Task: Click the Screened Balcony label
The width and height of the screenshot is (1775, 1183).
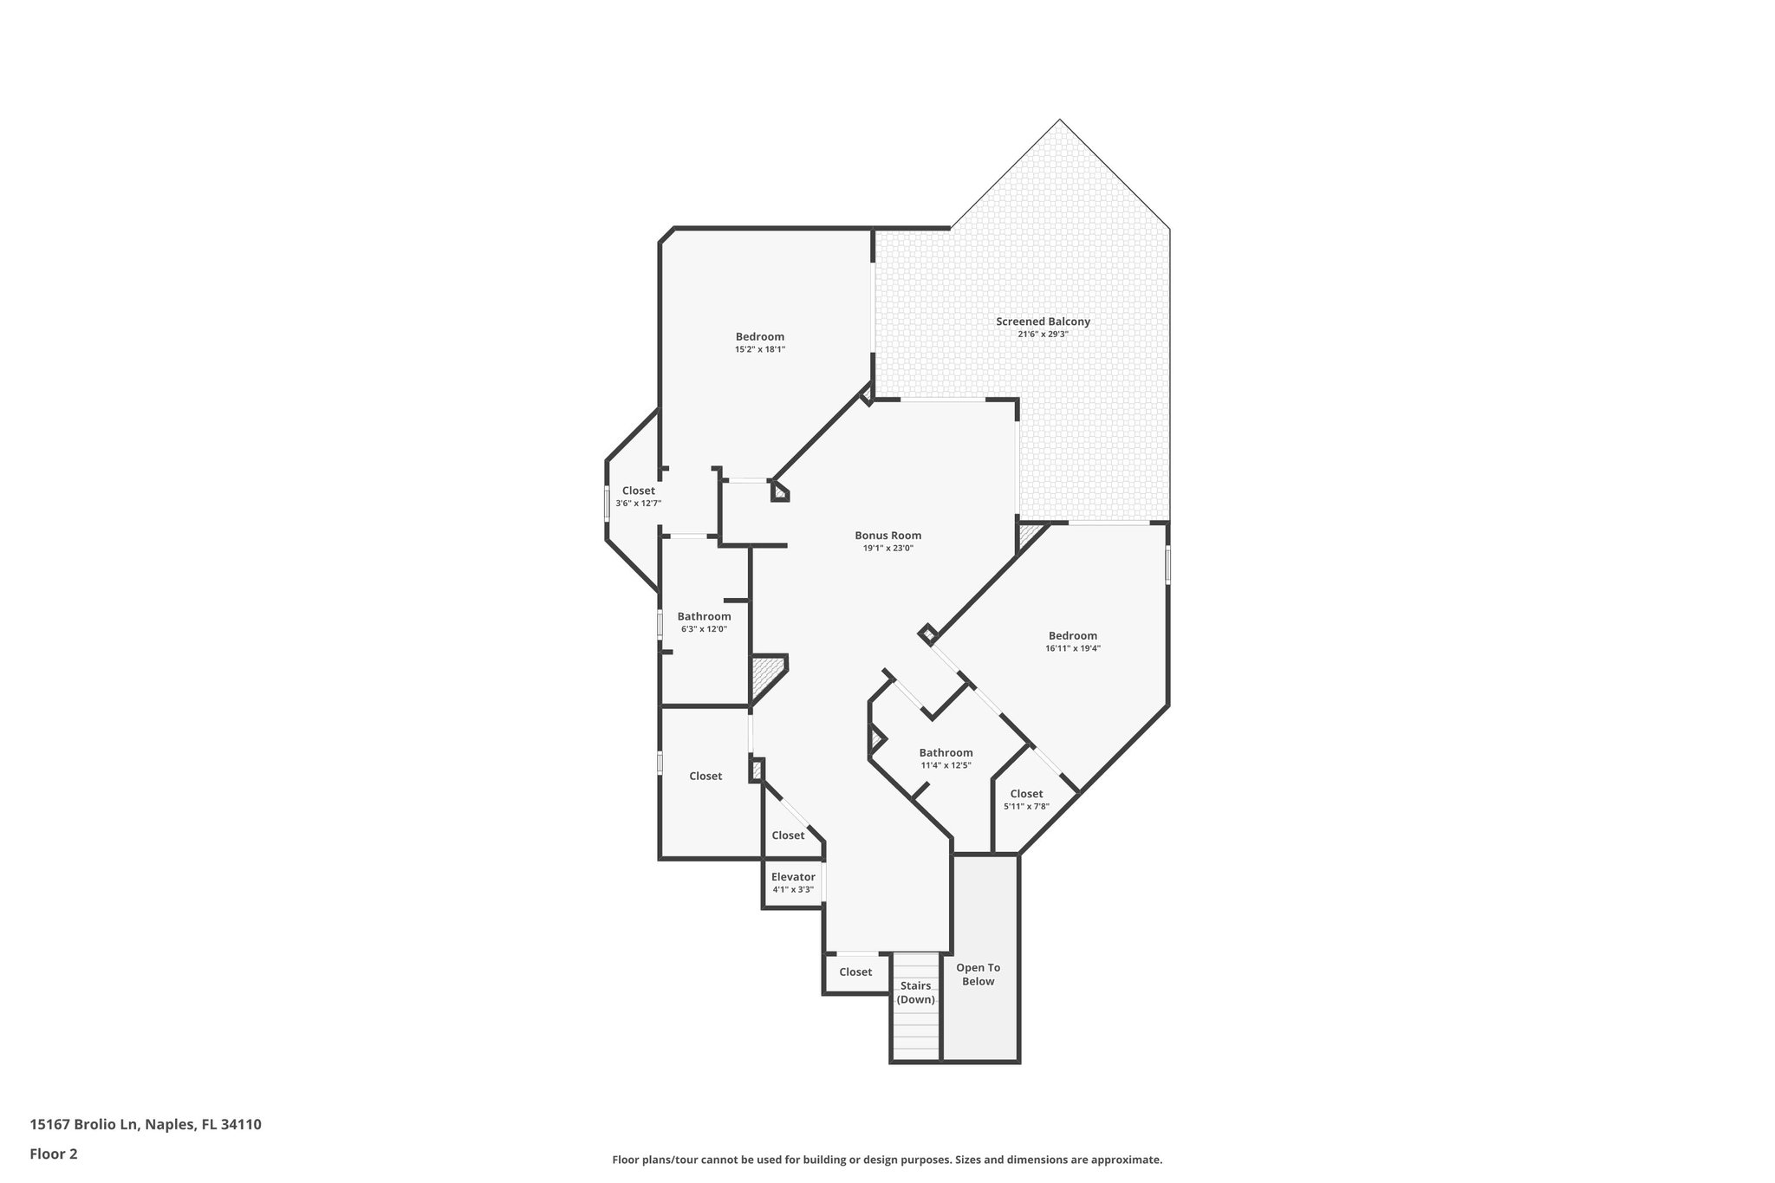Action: (x=1043, y=322)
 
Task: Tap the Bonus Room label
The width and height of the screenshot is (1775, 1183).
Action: (x=887, y=536)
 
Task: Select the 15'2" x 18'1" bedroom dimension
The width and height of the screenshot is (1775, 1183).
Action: (x=760, y=349)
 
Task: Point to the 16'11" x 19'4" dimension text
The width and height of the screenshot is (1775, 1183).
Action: (x=1073, y=648)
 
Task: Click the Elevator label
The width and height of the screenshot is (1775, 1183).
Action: (x=793, y=877)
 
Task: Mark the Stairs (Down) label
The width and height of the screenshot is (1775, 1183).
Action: (x=916, y=992)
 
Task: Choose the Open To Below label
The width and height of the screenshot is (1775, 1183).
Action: (x=978, y=974)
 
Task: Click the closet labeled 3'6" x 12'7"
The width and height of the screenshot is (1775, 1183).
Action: (x=639, y=491)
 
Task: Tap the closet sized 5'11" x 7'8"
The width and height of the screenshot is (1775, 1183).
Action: (x=1026, y=794)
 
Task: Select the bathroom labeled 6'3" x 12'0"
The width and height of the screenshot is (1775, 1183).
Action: (x=704, y=617)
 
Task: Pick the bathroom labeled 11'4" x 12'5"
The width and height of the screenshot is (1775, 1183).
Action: (x=946, y=753)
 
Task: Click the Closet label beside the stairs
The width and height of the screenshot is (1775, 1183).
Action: (x=855, y=972)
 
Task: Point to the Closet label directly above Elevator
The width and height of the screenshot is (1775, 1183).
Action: (x=788, y=835)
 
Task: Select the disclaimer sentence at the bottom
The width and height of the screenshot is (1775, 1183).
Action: (x=887, y=1160)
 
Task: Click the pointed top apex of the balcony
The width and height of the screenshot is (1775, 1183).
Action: (x=1059, y=120)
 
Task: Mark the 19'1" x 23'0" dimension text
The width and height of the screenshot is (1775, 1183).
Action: (x=887, y=548)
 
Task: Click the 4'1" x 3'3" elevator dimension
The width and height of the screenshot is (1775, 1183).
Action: (x=793, y=890)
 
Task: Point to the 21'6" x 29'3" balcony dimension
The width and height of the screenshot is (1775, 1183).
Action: (x=1043, y=334)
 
